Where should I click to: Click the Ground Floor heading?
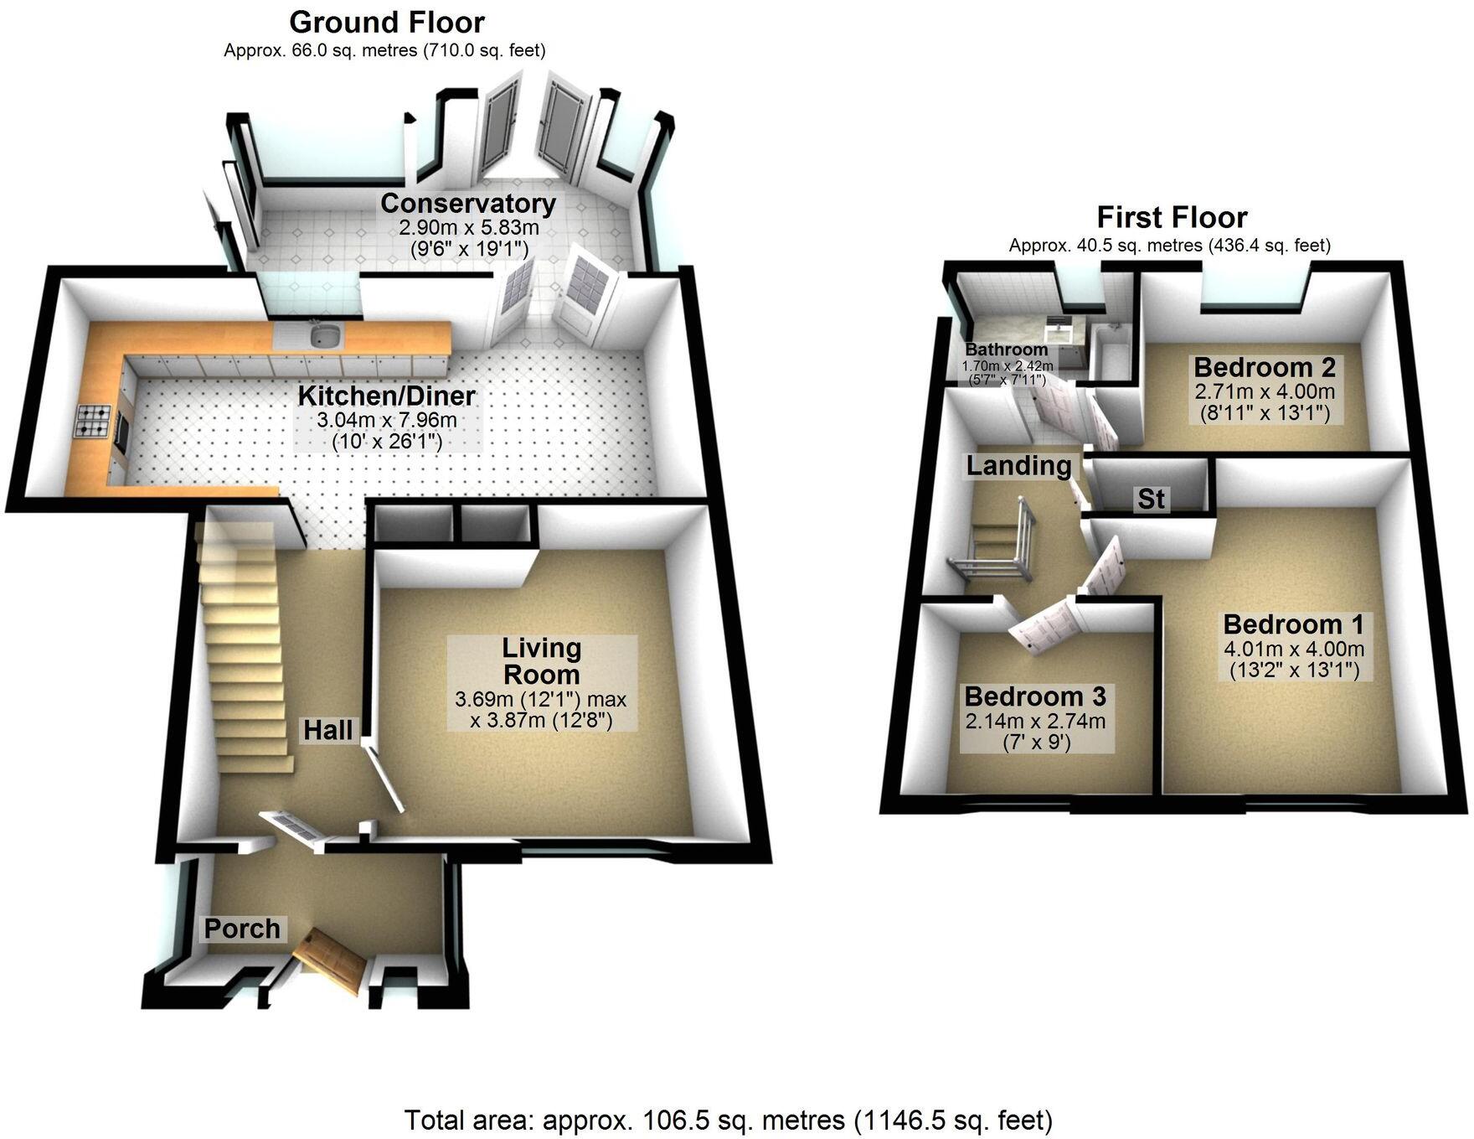tap(387, 22)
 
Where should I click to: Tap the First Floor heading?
tap(1172, 218)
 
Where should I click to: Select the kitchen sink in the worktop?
tap(325, 337)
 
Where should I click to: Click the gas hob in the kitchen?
tap(91, 422)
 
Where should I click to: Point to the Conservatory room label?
tap(467, 204)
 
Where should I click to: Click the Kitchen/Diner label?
tap(387, 396)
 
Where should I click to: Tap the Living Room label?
tap(541, 661)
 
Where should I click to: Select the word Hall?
tap(327, 730)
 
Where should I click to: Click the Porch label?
tap(242, 929)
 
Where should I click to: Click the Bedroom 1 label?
tap(1293, 624)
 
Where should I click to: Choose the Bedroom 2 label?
tap(1264, 367)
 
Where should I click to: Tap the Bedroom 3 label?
tap(1035, 696)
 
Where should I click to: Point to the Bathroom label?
tap(1006, 349)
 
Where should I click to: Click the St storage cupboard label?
tap(1151, 500)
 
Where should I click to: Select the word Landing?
tap(1018, 466)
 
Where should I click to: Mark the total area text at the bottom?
tap(728, 1120)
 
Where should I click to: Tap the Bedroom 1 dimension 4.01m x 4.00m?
tap(1294, 649)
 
